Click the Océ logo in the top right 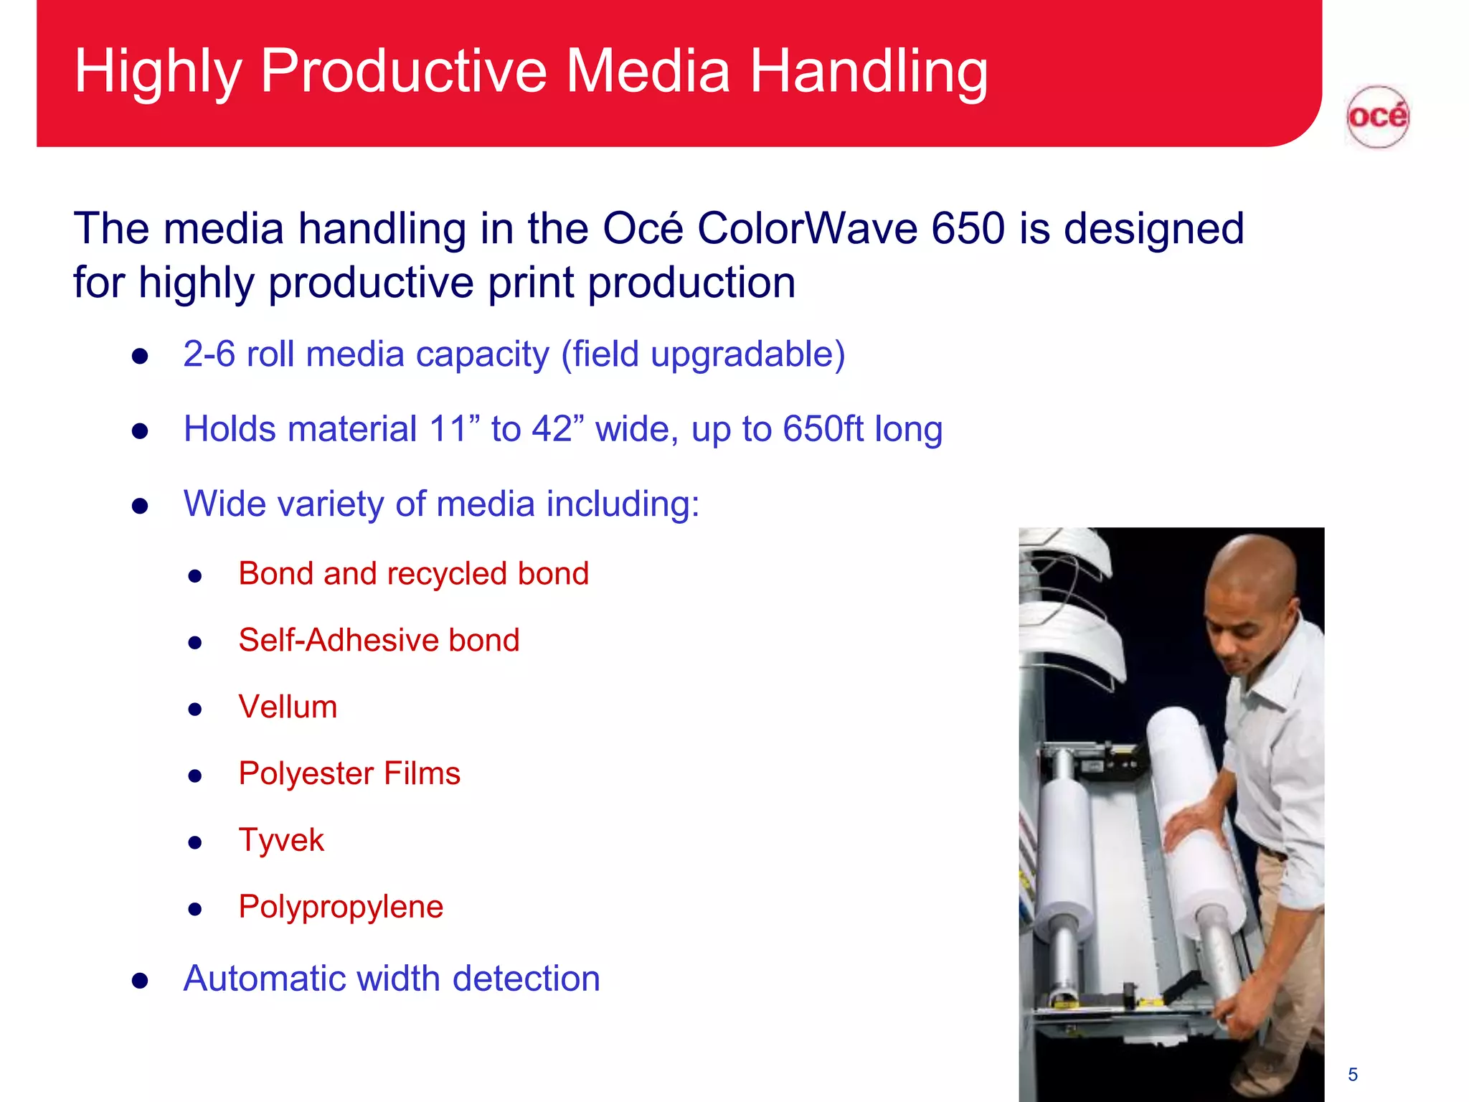click(x=1377, y=117)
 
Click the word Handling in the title click(x=869, y=71)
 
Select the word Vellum click(x=288, y=707)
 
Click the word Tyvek click(x=281, y=840)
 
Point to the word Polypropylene click(x=341, y=907)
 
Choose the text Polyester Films click(x=349, y=773)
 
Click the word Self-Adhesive click(x=337, y=640)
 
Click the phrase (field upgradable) click(x=703, y=354)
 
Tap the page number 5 click(x=1353, y=1074)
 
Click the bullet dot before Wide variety click(x=140, y=506)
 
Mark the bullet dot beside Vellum click(x=195, y=710)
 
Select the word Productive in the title click(x=404, y=71)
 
